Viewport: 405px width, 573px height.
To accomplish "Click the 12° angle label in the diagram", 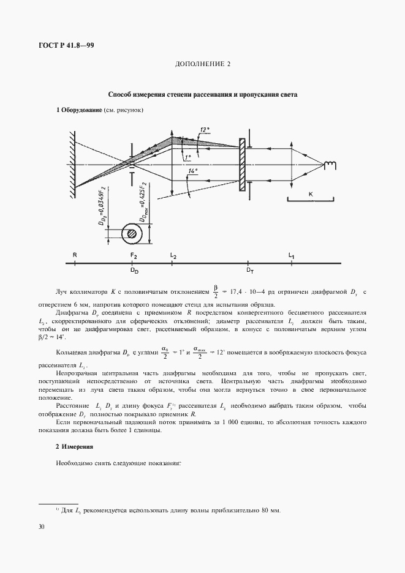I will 205,129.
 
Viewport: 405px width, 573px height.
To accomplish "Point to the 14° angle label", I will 194,173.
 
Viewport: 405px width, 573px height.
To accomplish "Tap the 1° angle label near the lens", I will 187,157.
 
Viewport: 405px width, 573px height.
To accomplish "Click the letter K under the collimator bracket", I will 311,194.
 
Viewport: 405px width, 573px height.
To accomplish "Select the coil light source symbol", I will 331,164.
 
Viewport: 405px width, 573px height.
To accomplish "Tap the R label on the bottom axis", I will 74,254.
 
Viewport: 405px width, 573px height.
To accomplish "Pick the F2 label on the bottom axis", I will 134,254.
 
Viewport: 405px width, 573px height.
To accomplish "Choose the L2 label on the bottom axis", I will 173,254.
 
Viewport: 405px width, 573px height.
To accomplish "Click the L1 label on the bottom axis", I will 292,254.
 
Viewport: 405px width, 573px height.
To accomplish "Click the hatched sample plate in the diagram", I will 243,163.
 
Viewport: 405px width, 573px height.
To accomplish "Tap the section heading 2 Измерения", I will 74,446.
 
